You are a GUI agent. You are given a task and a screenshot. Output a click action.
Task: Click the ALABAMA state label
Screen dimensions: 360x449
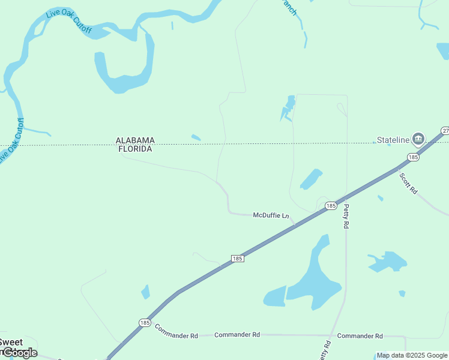pos(135,140)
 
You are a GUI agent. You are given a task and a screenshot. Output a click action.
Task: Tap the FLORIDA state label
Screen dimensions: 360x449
pos(135,149)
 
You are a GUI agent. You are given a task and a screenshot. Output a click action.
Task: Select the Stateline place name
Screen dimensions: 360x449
pos(393,140)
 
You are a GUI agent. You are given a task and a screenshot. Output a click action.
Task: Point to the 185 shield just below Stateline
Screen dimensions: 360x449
pos(412,157)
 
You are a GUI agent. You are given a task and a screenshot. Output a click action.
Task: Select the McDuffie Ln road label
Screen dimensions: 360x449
pos(271,215)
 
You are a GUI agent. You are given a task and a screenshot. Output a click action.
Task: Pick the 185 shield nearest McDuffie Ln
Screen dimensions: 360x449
pos(331,206)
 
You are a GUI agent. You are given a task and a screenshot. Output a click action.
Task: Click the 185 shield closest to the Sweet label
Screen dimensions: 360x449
pos(145,322)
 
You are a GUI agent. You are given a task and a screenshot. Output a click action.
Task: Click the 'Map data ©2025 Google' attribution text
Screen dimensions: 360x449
pos(412,355)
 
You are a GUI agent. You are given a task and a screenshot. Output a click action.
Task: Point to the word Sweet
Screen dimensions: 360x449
pos(11,343)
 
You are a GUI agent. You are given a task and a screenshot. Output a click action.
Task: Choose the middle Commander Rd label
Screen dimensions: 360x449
pos(237,334)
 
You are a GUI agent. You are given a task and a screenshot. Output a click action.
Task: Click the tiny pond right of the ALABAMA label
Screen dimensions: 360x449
pos(196,137)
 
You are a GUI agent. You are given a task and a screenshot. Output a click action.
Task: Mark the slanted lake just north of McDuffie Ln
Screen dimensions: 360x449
pos(311,179)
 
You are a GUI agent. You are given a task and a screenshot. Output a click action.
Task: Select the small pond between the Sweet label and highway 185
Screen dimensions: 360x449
pos(145,292)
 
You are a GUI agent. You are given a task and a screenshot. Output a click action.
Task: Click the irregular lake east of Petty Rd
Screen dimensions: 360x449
pos(388,261)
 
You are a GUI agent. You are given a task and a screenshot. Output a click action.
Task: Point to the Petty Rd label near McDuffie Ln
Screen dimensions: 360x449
pos(346,216)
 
